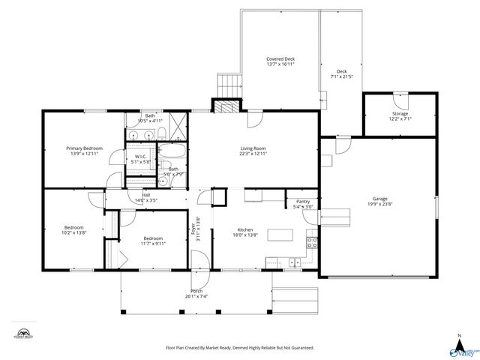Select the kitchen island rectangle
coord(280,235)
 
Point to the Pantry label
coord(303,202)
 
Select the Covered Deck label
coord(280,59)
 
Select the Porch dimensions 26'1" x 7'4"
coord(196,296)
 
